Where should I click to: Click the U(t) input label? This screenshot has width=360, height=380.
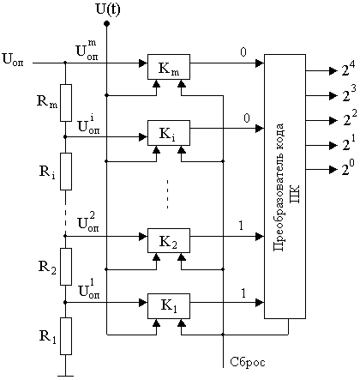pos(108,9)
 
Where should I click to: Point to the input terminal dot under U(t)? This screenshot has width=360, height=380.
pos(106,23)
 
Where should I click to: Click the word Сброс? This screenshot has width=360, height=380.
pos(248,362)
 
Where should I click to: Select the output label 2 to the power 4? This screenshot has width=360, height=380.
pos(348,69)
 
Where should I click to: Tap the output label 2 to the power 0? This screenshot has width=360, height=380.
pos(348,169)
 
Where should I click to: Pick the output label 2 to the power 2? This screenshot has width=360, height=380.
pos(350,118)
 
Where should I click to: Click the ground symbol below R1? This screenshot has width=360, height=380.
pos(66,376)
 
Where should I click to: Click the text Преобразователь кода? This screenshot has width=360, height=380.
pos(279,187)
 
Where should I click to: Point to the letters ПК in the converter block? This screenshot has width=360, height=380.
pos(295,194)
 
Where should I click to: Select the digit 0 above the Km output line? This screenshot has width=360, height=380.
pos(243,52)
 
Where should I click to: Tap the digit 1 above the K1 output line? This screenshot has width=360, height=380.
pos(243,293)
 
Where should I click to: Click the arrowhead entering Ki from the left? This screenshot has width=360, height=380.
pos(143,136)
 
